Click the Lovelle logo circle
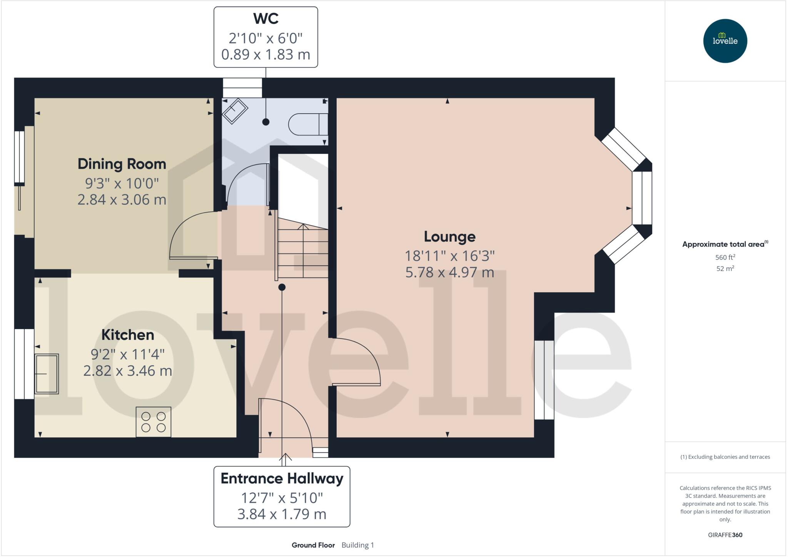point(725,41)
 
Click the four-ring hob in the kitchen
point(153,422)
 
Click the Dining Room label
point(122,164)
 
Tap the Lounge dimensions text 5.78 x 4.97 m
point(449,273)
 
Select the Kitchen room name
point(127,335)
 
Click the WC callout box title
point(265,18)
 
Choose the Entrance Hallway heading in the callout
point(282,478)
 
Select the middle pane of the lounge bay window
point(642,198)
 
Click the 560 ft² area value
point(725,257)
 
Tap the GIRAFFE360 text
point(725,535)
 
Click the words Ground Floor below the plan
point(313,545)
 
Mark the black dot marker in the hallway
point(282,287)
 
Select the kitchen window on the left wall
point(24,364)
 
